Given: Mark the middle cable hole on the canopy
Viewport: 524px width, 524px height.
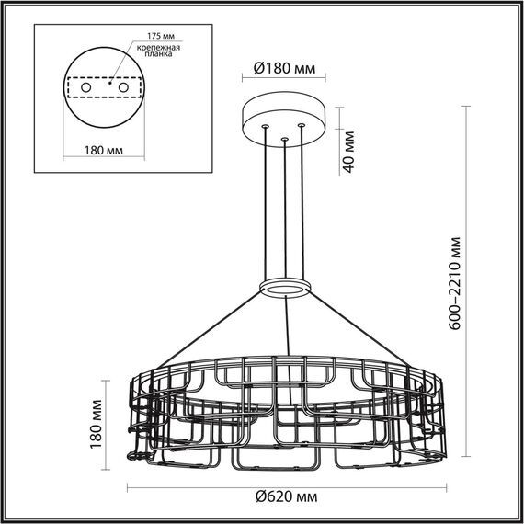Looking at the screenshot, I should tap(285, 140).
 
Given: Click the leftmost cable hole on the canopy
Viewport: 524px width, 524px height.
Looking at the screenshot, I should tap(266, 125).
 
